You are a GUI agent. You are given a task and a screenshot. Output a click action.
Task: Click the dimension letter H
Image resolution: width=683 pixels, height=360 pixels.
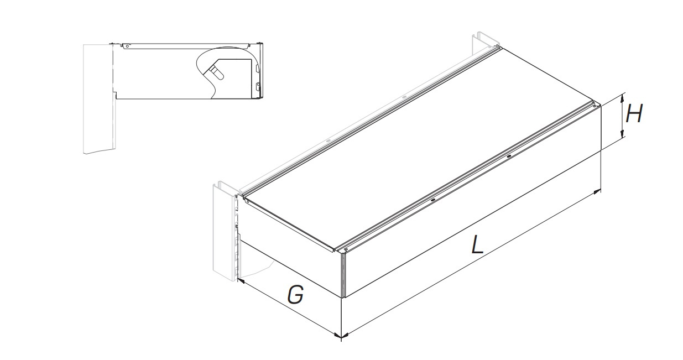[x=634, y=113]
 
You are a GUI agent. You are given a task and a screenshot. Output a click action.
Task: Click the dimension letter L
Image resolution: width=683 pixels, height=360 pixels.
[x=477, y=244]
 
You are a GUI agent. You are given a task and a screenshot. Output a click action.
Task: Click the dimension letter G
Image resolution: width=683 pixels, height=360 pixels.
[x=295, y=294]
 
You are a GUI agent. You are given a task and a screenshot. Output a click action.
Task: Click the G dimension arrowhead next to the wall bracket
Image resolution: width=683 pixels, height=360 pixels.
[x=241, y=280]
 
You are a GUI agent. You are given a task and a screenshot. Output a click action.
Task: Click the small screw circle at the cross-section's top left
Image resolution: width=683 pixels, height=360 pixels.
[x=127, y=46]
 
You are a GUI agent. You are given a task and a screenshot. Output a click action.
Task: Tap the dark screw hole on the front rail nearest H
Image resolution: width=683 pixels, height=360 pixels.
[x=509, y=156]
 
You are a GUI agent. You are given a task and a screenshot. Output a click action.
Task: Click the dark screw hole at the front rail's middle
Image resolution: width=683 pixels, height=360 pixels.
[x=433, y=200]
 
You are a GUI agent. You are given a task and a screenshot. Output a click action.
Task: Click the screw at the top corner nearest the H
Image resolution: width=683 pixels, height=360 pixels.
[x=595, y=106]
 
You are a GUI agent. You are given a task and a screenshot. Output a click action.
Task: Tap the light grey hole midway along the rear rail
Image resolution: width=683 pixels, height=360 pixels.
[x=404, y=97]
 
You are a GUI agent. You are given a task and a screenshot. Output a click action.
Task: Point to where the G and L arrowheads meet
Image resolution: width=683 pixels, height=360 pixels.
[x=341, y=336]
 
